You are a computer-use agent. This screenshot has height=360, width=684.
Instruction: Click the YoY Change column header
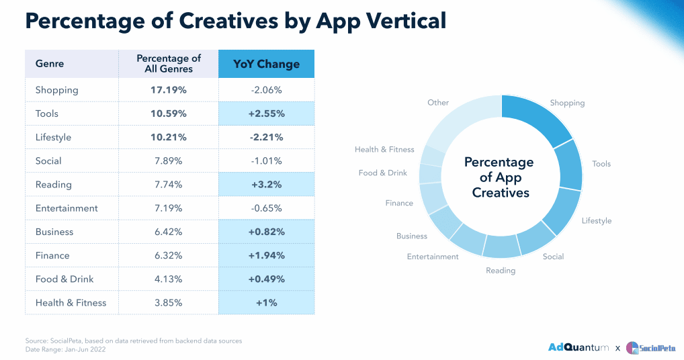pos(266,64)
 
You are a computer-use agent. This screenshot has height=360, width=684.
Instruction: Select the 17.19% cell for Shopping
pos(169,90)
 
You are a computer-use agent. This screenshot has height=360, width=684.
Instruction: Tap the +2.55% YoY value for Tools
pos(266,114)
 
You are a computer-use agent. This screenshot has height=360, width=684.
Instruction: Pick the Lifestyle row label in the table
pos(53,137)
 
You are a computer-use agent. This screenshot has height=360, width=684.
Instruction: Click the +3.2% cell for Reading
pos(266,185)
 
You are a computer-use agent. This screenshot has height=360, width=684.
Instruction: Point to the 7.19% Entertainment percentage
pos(169,208)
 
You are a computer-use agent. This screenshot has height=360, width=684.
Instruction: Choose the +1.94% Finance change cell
pos(266,255)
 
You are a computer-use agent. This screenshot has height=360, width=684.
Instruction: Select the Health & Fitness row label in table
pos(71,303)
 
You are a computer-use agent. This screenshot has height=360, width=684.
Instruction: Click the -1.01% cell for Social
pos(266,161)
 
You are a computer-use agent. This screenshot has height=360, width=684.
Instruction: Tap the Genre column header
pos(50,64)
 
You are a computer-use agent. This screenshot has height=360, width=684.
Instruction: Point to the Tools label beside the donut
pos(601,164)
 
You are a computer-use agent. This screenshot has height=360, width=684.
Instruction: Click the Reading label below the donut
pos(501,271)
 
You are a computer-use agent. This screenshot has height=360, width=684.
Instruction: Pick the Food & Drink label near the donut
pos(383,173)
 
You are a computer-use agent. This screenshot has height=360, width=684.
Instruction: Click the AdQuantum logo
pos(579,347)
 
